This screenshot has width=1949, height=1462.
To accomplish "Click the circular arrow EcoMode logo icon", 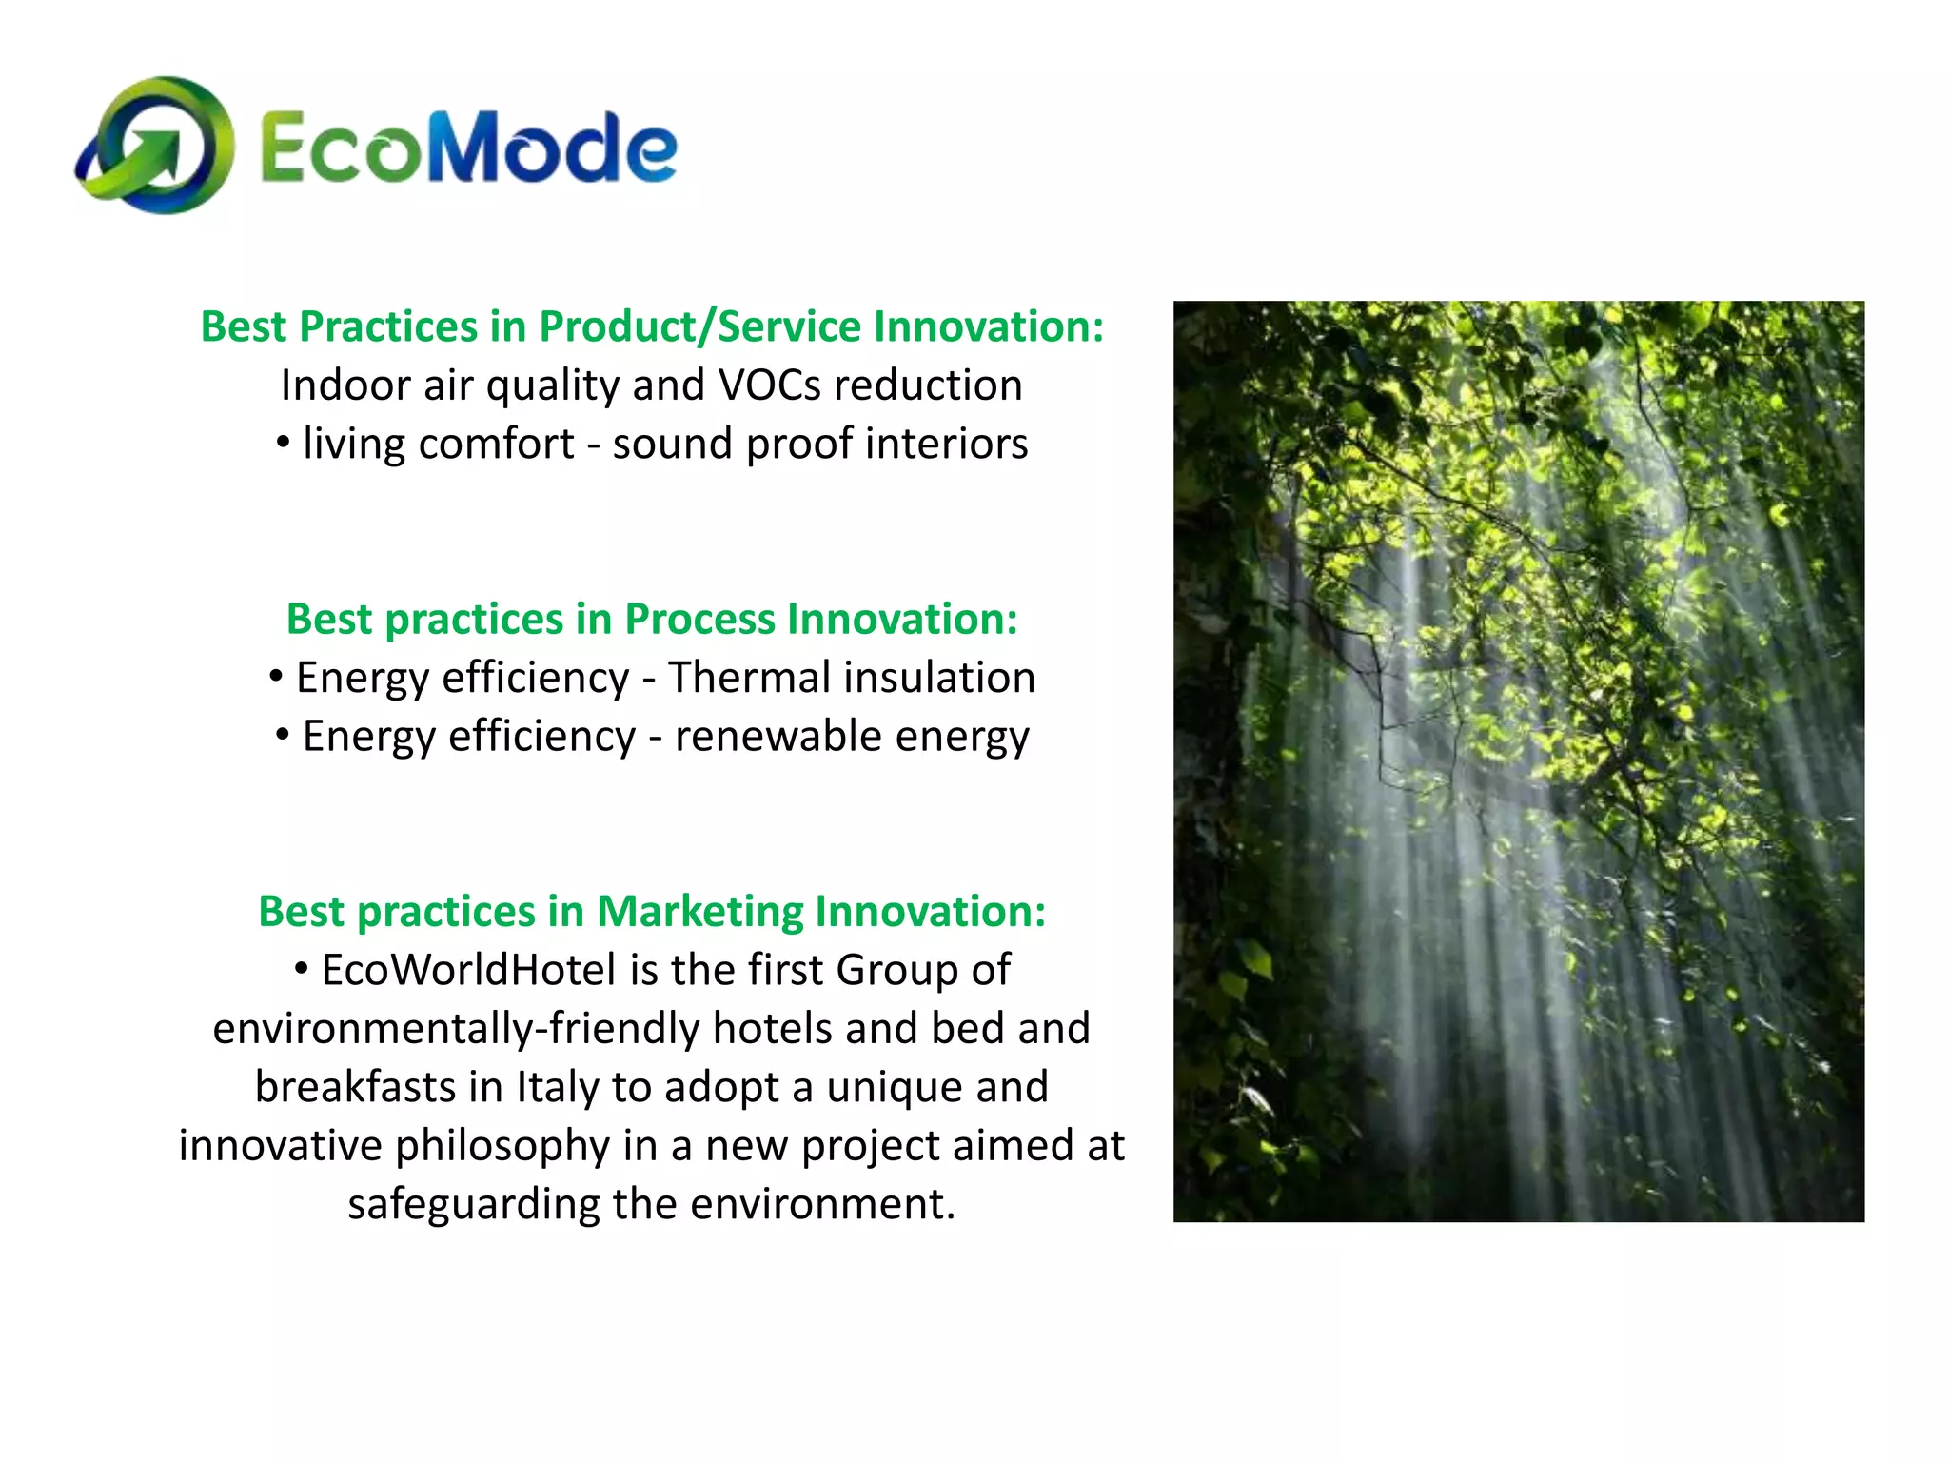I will [x=155, y=146].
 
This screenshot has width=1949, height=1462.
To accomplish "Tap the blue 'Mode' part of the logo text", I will [x=553, y=148].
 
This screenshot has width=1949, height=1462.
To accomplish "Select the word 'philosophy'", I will [x=502, y=1146].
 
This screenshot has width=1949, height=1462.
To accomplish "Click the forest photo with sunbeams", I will [x=1518, y=761].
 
